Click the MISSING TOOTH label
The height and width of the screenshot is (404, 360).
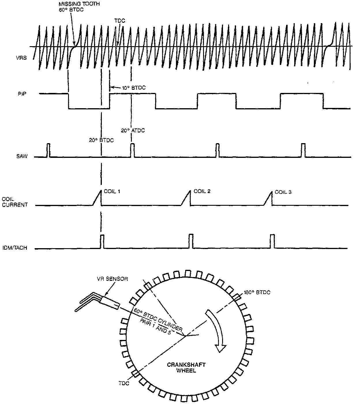pyautogui.click(x=79, y=4)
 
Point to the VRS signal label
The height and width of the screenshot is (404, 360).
pyautogui.click(x=21, y=58)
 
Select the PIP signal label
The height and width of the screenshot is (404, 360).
pyautogui.click(x=22, y=94)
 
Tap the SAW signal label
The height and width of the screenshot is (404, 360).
pyautogui.click(x=22, y=156)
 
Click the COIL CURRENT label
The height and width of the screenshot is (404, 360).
pyautogui.click(x=15, y=202)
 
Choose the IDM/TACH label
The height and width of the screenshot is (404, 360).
pyautogui.click(x=15, y=248)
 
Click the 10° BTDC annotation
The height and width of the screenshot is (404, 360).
pyautogui.click(x=134, y=88)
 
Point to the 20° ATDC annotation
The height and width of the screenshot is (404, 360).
pyautogui.click(x=133, y=130)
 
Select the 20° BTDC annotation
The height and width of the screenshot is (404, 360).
pyautogui.click(x=101, y=140)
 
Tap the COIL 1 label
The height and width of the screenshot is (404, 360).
pyautogui.click(x=112, y=191)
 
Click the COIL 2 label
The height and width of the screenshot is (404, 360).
pyautogui.click(x=202, y=191)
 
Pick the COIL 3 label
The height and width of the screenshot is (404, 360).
pyautogui.click(x=283, y=192)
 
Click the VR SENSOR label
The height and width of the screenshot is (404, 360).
pyautogui.click(x=112, y=279)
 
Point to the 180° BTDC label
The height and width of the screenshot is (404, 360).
pyautogui.click(x=257, y=292)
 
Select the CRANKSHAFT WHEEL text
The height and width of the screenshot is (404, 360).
pyautogui.click(x=186, y=368)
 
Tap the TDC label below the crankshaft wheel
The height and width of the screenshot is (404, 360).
pyautogui.click(x=124, y=383)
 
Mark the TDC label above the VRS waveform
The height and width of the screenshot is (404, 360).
pyautogui.click(x=120, y=21)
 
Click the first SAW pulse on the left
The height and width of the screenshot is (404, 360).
pyautogui.click(x=48, y=150)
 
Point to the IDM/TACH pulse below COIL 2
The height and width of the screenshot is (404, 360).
pyautogui.click(x=191, y=241)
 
